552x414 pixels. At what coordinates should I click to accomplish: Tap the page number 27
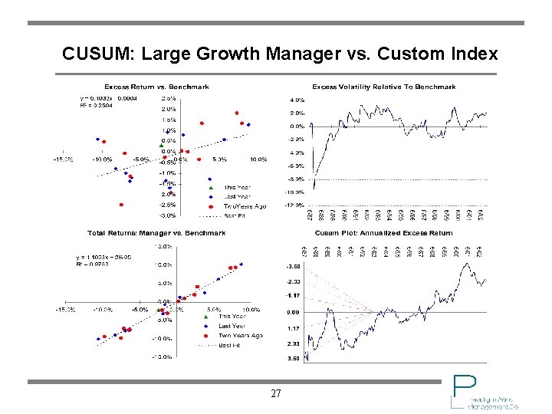(276, 394)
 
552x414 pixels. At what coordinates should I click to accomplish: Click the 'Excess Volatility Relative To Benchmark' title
(383, 87)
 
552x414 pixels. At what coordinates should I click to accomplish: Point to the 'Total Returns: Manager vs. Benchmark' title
(156, 232)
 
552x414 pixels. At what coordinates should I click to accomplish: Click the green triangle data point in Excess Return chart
(161, 144)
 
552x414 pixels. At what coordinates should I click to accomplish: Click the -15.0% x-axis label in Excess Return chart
(63, 159)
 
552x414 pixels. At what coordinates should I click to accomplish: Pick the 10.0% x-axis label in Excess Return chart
(258, 159)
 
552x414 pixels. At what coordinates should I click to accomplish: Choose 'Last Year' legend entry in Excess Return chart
(237, 196)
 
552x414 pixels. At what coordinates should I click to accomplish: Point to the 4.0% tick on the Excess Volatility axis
(297, 100)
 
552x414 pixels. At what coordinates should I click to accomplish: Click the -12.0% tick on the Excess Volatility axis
(295, 205)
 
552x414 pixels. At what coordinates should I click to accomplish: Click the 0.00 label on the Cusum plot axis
(293, 313)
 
